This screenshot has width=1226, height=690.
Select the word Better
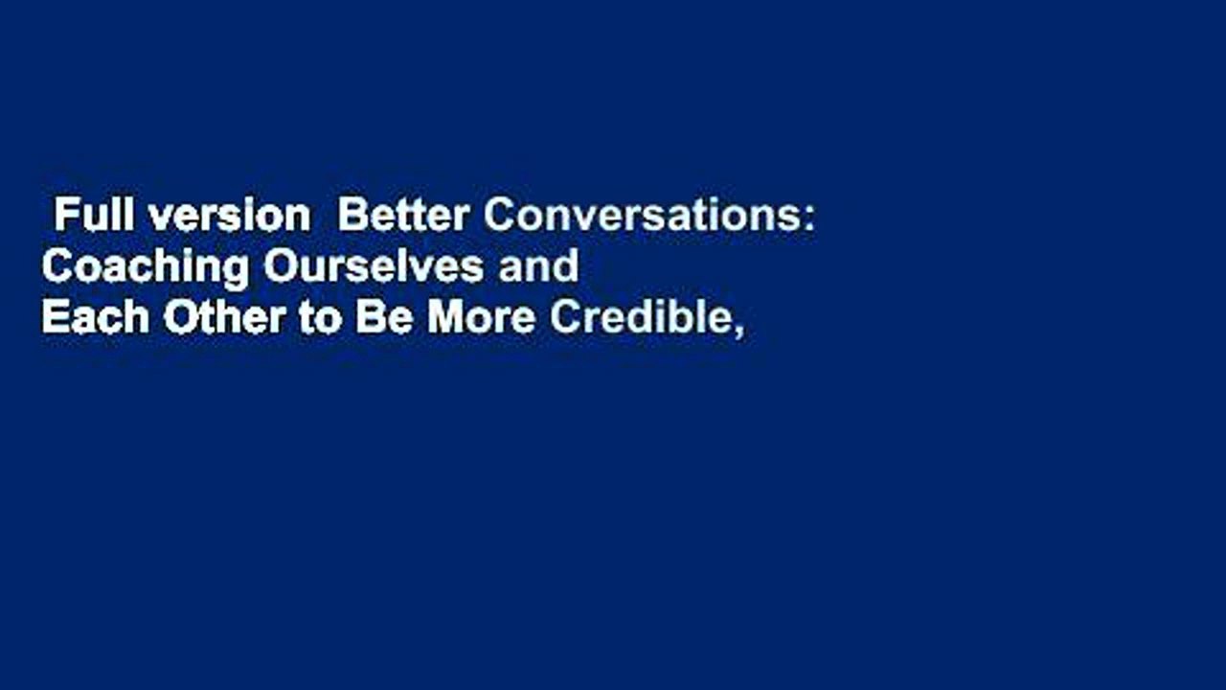pos(403,218)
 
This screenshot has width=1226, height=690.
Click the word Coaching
pos(145,268)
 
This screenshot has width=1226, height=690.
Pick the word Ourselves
pos(374,268)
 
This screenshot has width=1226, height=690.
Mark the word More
pos(481,319)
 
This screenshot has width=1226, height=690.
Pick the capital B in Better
pos(350,218)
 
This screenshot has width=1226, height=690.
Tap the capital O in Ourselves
pos(278,268)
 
